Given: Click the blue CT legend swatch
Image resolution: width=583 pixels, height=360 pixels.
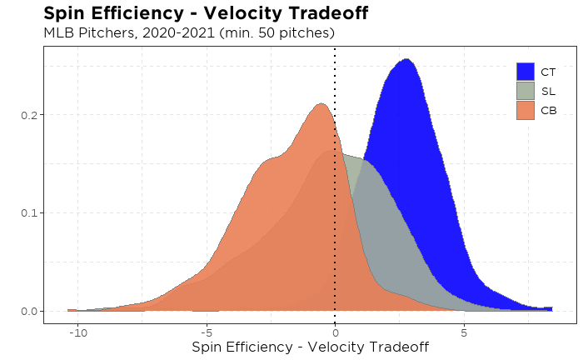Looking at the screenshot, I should click(x=525, y=72).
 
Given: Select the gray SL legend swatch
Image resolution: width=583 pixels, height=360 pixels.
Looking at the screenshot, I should click(x=525, y=91).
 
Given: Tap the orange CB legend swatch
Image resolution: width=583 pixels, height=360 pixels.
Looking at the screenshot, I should click(x=525, y=110).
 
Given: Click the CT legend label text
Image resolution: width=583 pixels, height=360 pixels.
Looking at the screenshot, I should click(x=546, y=72).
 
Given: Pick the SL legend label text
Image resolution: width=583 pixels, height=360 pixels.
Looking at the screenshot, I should click(x=546, y=91).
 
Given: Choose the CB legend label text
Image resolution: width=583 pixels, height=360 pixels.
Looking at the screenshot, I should click(x=546, y=110).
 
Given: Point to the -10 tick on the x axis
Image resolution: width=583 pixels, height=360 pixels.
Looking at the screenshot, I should click(x=77, y=332).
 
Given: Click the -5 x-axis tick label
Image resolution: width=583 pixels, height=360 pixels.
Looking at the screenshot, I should click(x=206, y=332).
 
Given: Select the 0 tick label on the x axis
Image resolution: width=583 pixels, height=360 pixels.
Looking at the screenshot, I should click(x=335, y=332).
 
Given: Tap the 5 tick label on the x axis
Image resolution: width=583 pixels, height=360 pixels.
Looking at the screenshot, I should click(x=463, y=332).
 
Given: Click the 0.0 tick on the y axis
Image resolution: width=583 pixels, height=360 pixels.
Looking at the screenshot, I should click(x=28, y=311).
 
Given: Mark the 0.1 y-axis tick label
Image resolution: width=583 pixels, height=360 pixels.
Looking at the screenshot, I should click(x=28, y=212).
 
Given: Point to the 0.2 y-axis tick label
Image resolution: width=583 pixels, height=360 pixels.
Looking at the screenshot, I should click(x=28, y=114).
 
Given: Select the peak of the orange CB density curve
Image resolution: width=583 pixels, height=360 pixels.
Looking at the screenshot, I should click(x=321, y=104).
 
